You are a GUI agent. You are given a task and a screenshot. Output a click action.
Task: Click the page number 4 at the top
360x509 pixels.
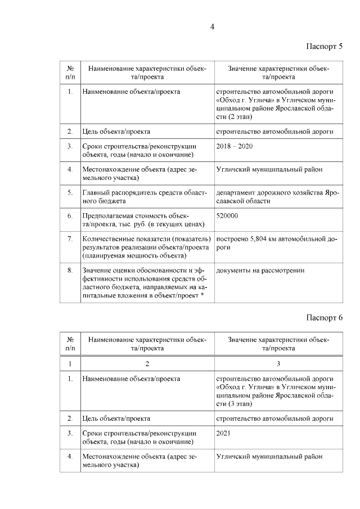click(212, 26)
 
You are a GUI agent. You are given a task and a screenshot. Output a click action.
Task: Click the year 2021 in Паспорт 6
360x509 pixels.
click(223, 433)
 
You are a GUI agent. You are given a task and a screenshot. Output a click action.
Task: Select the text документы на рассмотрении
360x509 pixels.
click(260, 271)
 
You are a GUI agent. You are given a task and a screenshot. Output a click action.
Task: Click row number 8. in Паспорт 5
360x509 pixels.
click(70, 271)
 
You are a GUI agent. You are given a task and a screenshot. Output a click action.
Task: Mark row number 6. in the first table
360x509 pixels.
click(70, 215)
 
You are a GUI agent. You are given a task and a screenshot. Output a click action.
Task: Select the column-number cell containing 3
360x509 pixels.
click(278, 363)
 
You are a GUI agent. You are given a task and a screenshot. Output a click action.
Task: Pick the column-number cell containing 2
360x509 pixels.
click(147, 363)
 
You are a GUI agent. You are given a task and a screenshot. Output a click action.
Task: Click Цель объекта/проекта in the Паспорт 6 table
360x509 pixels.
click(116, 418)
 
